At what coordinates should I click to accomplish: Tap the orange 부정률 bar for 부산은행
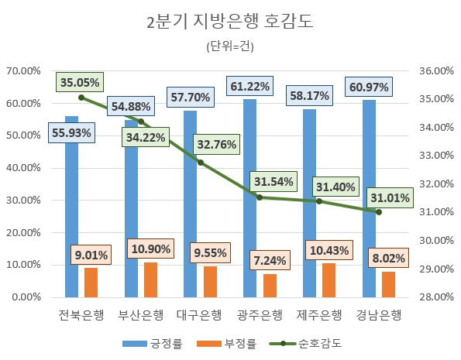pos(150,279)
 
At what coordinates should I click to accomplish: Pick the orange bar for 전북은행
pos(91,283)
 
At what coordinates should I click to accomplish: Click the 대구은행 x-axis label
pos(199,315)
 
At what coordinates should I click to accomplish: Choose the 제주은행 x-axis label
pos(318,315)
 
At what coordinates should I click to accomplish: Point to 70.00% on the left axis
pos(24,70)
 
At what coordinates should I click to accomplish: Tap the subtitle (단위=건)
pos(230,46)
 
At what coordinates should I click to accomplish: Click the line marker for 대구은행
pos(200,163)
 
